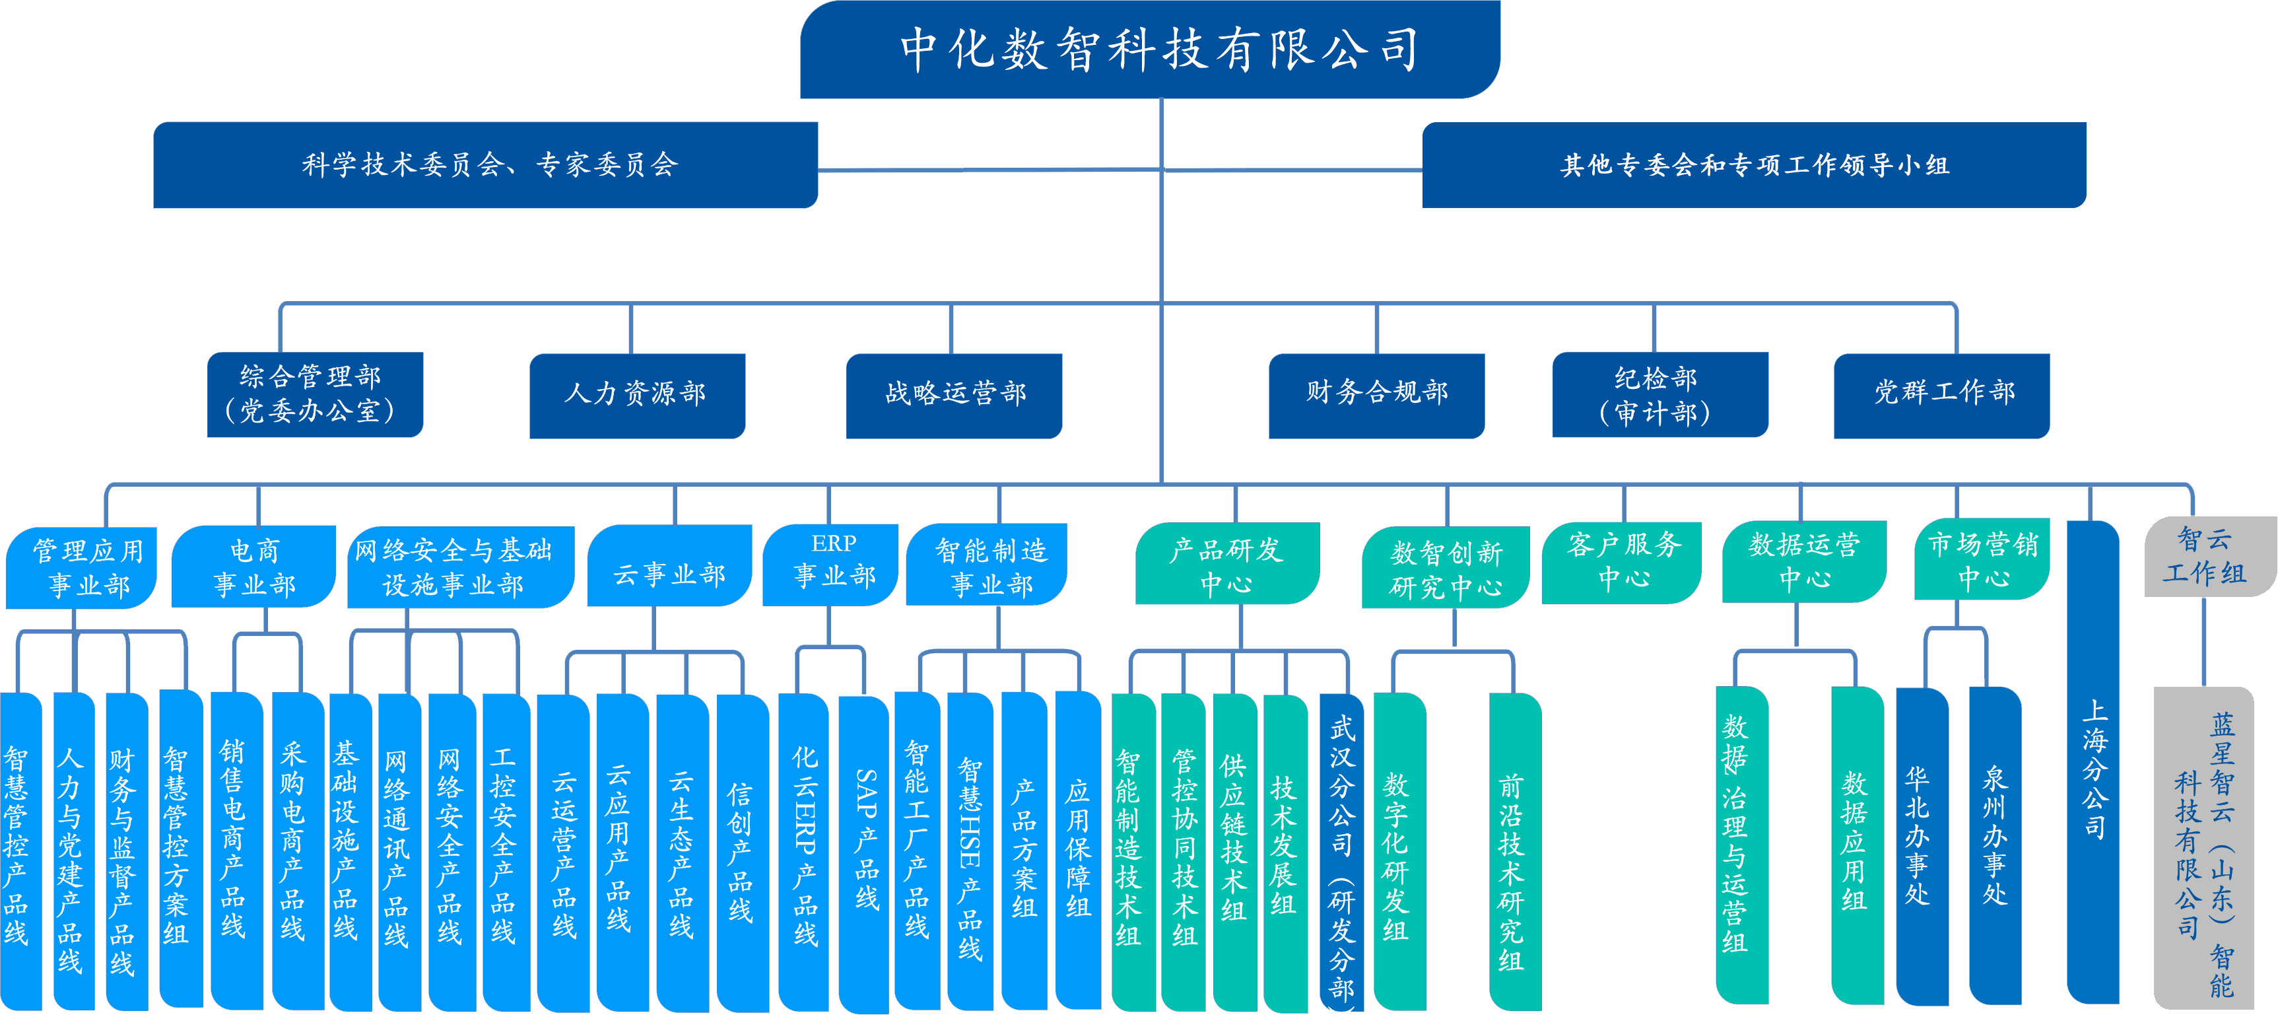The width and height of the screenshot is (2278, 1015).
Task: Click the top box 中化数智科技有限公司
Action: pyautogui.click(x=1150, y=49)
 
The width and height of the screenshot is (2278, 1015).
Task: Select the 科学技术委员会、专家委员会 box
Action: pyautogui.click(x=485, y=164)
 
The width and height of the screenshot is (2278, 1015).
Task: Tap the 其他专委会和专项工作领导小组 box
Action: pyautogui.click(x=1754, y=164)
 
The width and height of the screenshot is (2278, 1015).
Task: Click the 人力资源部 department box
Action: pyautogui.click(x=637, y=395)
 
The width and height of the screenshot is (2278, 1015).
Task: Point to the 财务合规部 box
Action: pyautogui.click(x=1376, y=395)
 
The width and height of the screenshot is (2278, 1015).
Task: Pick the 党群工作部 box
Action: pyautogui.click(x=1941, y=395)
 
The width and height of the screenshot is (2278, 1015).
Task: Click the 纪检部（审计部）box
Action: pyautogui.click(x=1659, y=395)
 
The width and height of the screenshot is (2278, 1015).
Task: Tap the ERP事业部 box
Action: pyautogui.click(x=830, y=565)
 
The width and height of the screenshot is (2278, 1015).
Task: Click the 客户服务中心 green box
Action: pyautogui.click(x=1621, y=563)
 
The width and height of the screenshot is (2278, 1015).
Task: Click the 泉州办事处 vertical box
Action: pyautogui.click(x=1995, y=845)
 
